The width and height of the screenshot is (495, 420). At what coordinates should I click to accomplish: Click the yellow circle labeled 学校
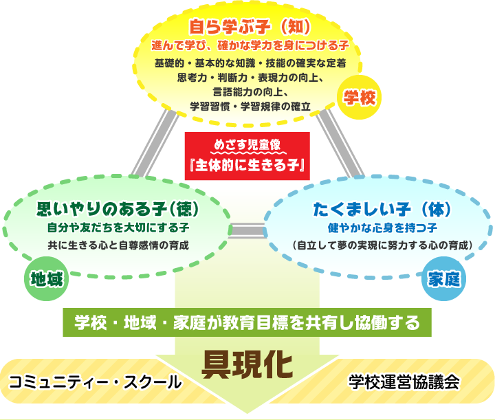(360, 97)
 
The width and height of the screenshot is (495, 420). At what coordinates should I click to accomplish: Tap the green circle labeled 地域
(47, 278)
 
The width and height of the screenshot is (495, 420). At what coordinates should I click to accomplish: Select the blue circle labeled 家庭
(443, 278)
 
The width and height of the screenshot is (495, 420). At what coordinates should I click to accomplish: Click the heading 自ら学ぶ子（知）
(250, 27)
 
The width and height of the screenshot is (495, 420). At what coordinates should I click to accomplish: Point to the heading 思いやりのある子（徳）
(118, 208)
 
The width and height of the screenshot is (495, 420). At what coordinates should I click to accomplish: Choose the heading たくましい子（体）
(382, 209)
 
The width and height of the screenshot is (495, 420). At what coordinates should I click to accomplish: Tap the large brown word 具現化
(247, 364)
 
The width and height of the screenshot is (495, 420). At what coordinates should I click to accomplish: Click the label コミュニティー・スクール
(95, 382)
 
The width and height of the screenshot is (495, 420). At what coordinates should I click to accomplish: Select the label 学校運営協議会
(404, 382)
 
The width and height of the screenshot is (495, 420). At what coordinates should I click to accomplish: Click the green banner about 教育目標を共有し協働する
(247, 322)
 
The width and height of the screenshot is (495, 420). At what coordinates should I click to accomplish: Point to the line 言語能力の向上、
(250, 92)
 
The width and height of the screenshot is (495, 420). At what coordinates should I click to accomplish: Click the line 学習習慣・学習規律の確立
(250, 107)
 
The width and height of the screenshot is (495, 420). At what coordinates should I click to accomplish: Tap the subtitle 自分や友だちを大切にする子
(118, 228)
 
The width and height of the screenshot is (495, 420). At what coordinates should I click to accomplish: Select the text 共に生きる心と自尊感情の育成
(118, 245)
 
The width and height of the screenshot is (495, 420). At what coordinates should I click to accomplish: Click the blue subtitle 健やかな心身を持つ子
(382, 228)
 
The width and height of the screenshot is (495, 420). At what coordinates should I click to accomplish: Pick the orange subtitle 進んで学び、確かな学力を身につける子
(250, 45)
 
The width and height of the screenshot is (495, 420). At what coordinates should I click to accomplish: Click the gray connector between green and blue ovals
(247, 230)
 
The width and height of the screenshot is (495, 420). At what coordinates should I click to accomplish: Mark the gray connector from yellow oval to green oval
(155, 143)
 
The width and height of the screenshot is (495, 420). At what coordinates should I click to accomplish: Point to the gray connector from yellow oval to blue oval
(340, 143)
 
